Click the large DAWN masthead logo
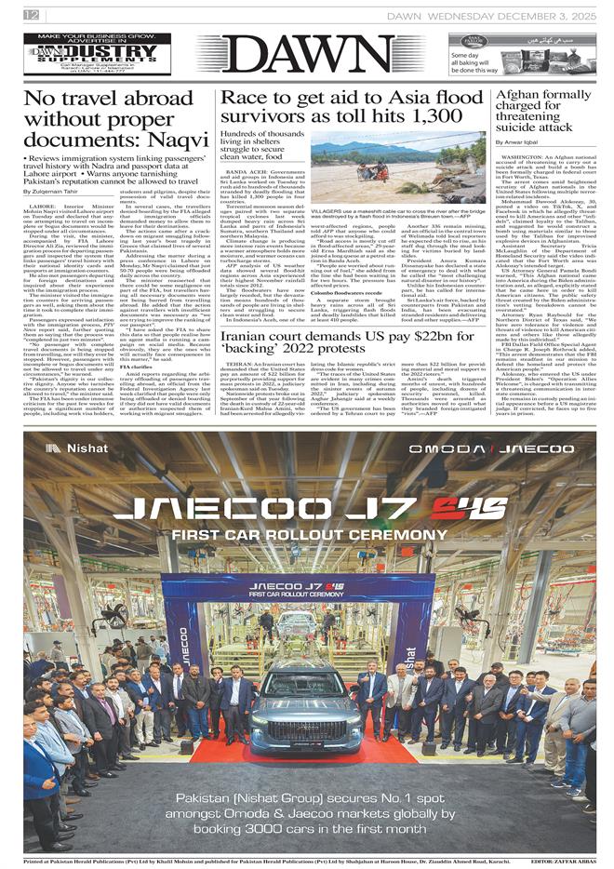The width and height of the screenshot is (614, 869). (306, 57)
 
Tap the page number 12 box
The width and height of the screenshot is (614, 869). (32, 15)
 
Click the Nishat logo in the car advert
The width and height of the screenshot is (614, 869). (75, 448)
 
